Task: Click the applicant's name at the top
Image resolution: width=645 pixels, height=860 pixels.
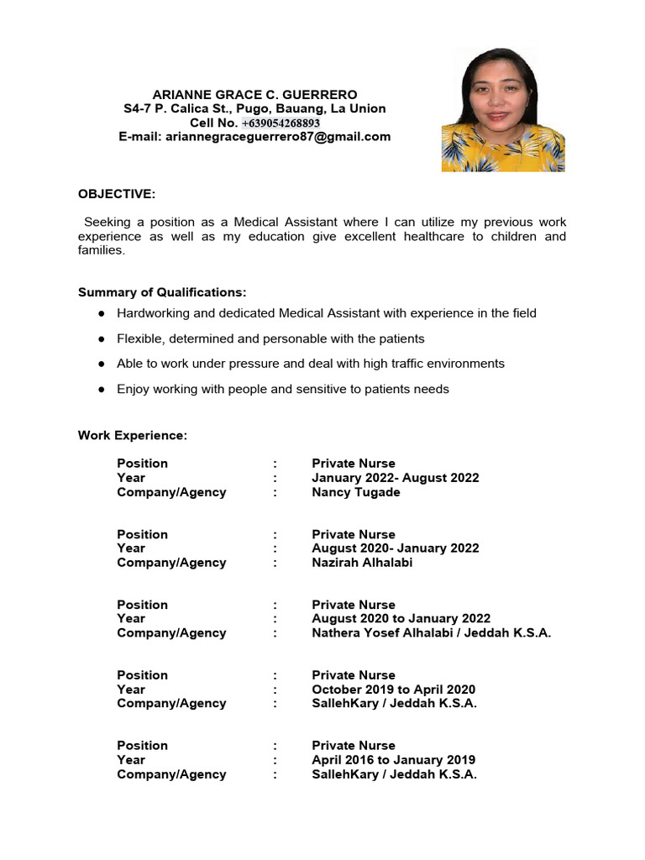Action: coord(254,94)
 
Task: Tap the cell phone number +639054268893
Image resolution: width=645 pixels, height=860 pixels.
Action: coord(281,123)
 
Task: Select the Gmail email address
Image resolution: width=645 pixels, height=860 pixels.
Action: coord(278,136)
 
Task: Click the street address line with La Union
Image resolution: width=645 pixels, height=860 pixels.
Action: coord(254,108)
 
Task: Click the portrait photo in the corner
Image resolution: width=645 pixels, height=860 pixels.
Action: coord(503,110)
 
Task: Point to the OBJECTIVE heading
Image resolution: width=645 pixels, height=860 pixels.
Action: coord(117,194)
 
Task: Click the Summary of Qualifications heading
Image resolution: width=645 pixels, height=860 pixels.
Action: coord(162,292)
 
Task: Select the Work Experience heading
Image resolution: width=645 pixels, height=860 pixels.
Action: coord(133,435)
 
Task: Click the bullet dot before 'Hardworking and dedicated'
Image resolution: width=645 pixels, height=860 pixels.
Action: coord(101,313)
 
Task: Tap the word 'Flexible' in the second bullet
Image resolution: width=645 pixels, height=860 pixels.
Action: coord(138,338)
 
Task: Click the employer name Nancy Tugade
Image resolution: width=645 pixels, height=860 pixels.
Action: coord(355,492)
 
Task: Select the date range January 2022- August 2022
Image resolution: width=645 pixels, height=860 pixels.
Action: coord(395,478)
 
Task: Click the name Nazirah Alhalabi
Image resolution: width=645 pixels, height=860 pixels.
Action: coord(362,563)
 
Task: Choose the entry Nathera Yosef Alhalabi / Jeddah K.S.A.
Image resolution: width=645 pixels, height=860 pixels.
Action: coord(431,633)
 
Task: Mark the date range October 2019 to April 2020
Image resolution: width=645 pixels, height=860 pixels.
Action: coord(393,690)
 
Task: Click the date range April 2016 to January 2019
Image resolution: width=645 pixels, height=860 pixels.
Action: coord(393,760)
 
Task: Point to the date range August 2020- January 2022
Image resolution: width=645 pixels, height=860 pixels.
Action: coord(395,548)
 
